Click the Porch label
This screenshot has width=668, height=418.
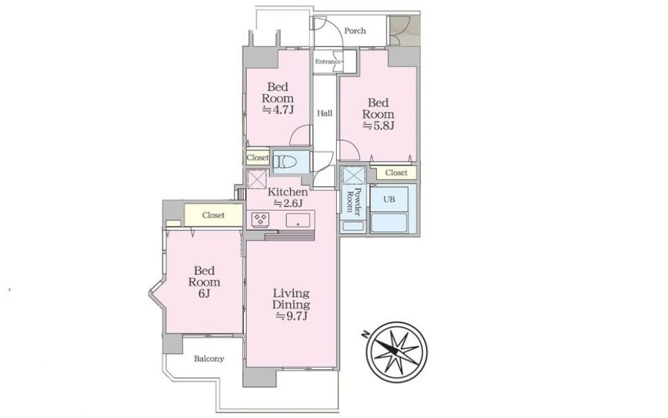point(355,31)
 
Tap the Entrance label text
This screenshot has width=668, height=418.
point(328,61)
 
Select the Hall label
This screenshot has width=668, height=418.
point(325,114)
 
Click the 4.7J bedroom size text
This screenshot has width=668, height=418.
point(278,110)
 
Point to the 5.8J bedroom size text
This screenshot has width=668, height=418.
point(378,126)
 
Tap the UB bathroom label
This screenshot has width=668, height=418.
point(389,199)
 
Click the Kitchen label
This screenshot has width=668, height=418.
point(287,192)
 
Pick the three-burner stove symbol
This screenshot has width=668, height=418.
point(261,220)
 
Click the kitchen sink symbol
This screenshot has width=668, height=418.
point(298,220)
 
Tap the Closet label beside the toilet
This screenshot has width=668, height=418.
point(258,158)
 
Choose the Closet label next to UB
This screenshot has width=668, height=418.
point(396,173)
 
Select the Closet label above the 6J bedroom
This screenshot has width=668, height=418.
point(213,216)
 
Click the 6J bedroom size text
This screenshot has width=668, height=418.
point(204,293)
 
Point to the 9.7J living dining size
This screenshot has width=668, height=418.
point(292,316)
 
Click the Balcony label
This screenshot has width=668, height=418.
point(209,359)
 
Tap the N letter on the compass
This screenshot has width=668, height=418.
point(365,334)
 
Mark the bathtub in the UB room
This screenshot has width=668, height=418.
point(389,223)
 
